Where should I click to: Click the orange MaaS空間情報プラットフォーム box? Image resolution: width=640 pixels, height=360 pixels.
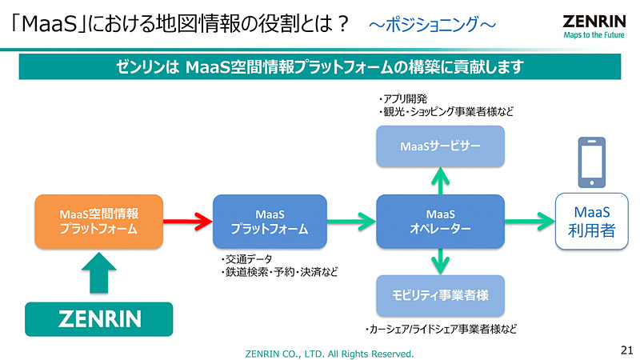click(98, 221)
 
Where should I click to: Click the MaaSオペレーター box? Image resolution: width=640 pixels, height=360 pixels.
click(440, 221)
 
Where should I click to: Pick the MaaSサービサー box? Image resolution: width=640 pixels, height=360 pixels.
click(440, 146)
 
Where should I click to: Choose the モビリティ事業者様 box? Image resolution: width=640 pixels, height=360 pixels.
click(440, 295)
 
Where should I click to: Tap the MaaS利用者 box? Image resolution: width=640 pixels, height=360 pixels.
click(592, 222)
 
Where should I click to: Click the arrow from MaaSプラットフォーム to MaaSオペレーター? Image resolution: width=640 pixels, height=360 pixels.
click(351, 222)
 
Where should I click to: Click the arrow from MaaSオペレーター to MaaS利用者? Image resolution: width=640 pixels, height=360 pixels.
click(530, 222)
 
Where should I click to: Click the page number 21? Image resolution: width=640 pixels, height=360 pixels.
click(626, 350)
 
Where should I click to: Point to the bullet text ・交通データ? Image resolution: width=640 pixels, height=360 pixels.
click(246, 259)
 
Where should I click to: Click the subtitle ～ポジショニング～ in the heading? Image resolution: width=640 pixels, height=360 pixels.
click(431, 25)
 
